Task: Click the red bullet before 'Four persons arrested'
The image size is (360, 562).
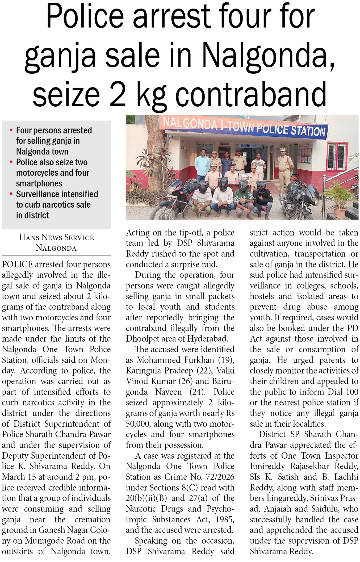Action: (x=11, y=130)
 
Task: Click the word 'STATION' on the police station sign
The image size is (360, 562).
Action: (x=308, y=131)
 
